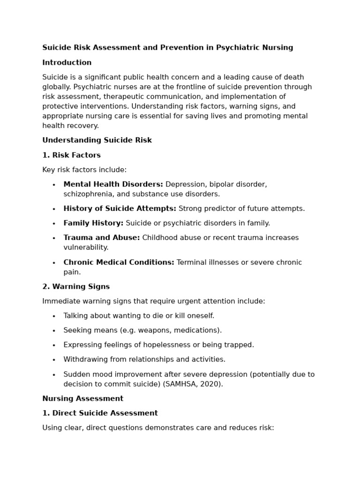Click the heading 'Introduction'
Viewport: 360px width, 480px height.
[67, 63]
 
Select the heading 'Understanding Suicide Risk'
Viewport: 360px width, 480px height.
[97, 140]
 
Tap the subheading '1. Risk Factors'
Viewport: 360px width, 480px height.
[71, 155]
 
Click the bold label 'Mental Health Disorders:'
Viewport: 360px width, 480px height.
[113, 184]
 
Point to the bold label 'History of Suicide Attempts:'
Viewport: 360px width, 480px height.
[120, 209]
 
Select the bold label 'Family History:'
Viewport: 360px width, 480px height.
[93, 223]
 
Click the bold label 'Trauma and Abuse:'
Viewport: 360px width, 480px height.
[101, 238]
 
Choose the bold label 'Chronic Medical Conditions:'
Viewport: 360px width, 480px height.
[119, 262]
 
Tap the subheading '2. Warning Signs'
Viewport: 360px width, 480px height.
[76, 286]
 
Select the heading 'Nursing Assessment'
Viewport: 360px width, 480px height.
[82, 398]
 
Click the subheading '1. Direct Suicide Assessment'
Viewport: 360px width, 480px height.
[100, 413]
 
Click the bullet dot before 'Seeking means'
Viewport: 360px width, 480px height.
[54, 331]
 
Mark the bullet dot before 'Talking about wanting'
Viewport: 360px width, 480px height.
[54, 316]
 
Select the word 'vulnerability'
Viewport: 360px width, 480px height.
[86, 247]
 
